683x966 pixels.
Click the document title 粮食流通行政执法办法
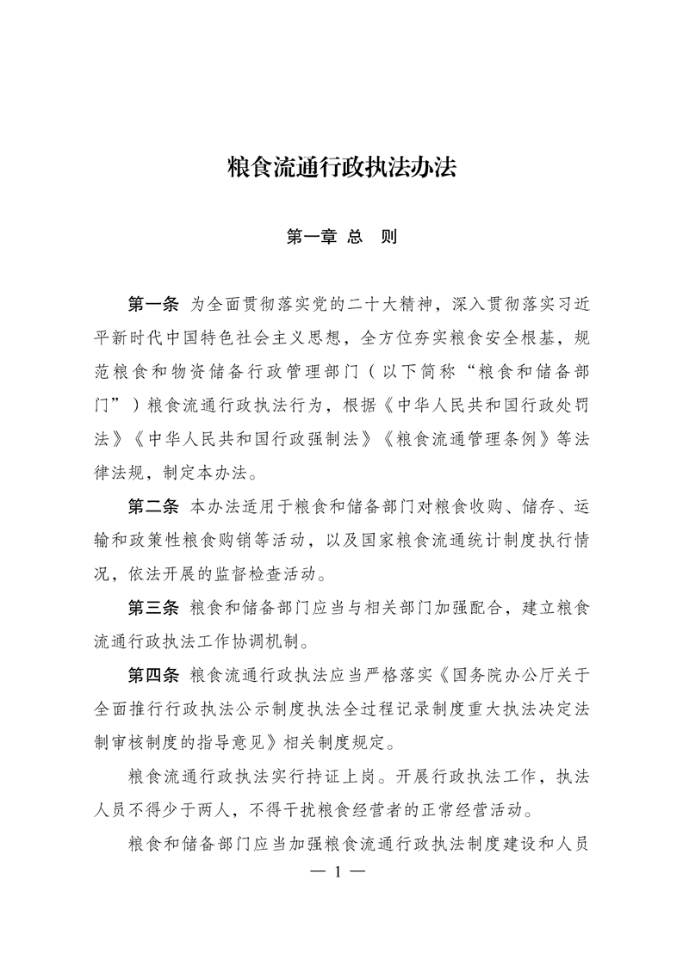341,166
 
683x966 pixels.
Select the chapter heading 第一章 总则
341,236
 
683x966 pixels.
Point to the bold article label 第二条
152,526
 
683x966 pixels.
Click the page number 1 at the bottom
340,872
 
